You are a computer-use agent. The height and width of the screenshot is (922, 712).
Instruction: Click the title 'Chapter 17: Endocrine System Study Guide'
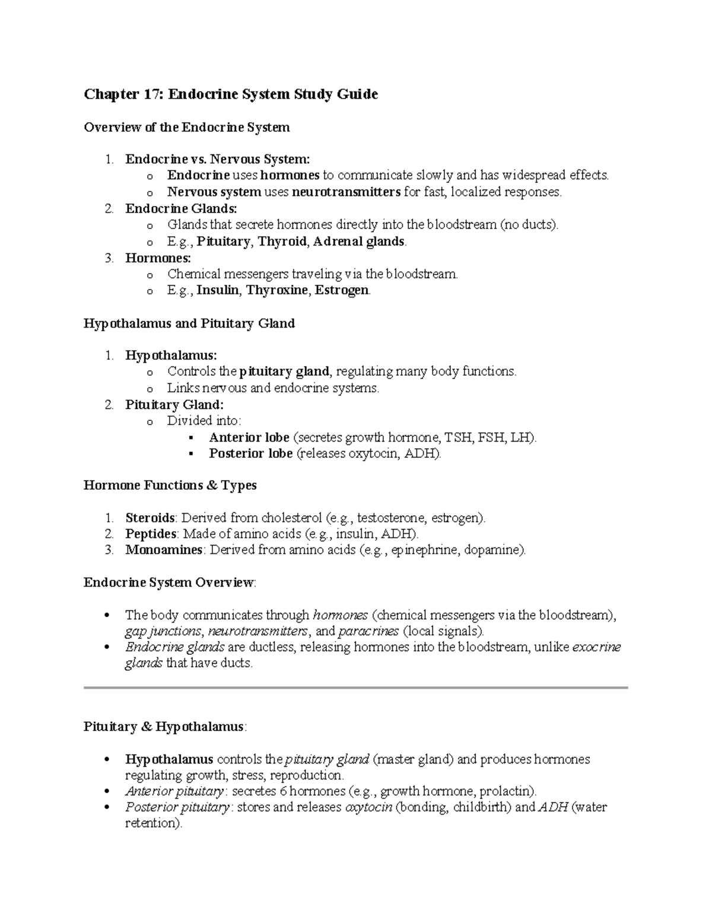click(x=230, y=94)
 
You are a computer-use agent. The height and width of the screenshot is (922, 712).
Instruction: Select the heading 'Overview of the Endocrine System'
click(x=186, y=127)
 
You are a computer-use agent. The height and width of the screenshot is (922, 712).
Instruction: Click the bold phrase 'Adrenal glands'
click(x=360, y=241)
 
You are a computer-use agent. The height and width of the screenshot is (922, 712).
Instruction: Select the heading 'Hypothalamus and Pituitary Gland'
click(x=189, y=324)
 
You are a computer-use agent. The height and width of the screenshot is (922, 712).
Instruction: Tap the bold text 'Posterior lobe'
click(x=250, y=454)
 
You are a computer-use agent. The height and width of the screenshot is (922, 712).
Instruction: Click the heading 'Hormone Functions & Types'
click(x=170, y=485)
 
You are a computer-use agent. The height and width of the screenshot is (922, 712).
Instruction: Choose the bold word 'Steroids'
click(x=150, y=518)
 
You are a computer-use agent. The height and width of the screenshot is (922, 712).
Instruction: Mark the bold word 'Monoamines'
click(x=164, y=550)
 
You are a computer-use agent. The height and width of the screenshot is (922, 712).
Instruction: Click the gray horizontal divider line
click(x=355, y=687)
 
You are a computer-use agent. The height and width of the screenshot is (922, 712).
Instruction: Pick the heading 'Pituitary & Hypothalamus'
click(x=164, y=727)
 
